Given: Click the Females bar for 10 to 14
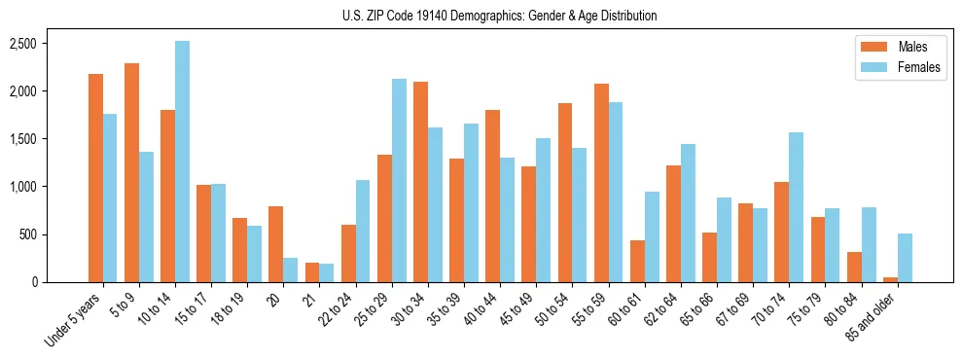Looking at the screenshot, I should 183,162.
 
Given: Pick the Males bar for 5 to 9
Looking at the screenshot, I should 132,172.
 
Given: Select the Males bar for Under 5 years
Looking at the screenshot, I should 95,178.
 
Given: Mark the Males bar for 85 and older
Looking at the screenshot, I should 890,279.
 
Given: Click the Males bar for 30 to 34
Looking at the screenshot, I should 420,182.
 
